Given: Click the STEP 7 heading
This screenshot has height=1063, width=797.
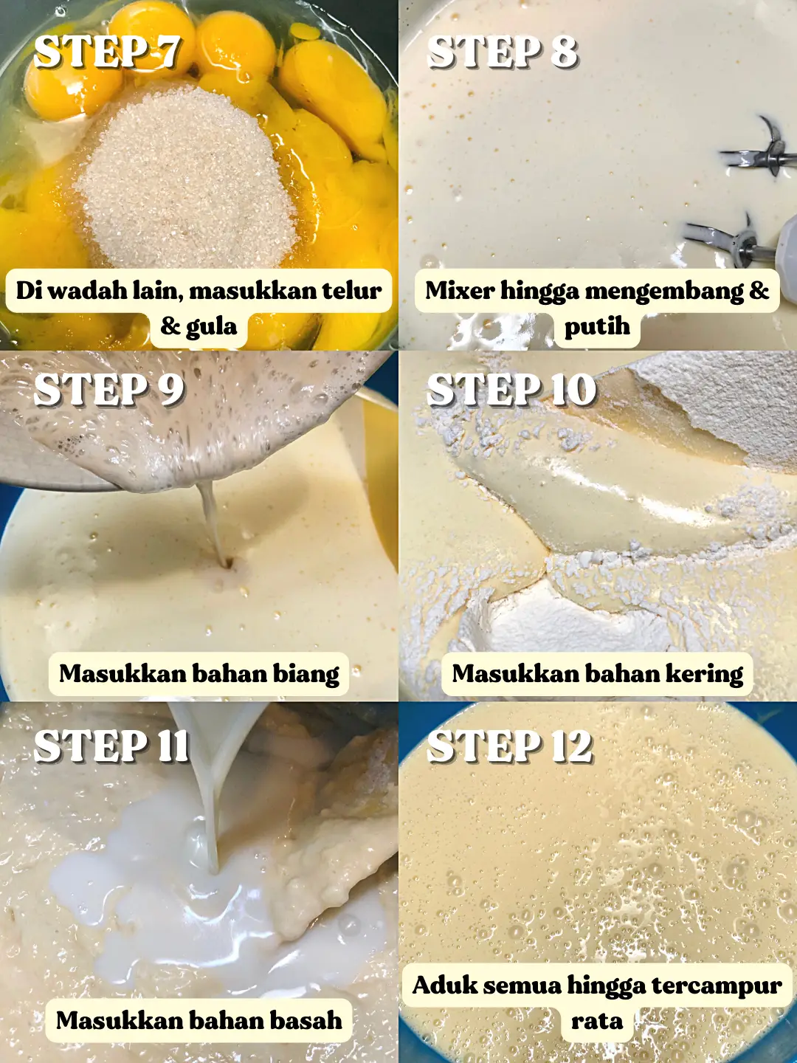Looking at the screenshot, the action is tap(108, 52).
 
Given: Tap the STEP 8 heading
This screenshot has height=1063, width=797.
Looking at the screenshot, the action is tap(503, 52).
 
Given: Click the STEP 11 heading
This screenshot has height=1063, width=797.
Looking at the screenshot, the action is tap(111, 746).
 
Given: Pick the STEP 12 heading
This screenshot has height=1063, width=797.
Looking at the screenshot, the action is tap(510, 746).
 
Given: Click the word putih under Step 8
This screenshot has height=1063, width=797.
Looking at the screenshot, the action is tap(597, 326).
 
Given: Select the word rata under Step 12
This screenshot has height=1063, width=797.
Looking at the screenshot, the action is tap(597, 1021).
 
